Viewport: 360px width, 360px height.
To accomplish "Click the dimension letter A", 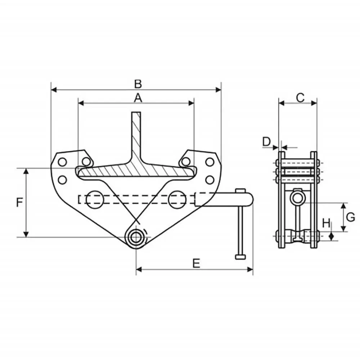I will pyautogui.click(x=138, y=97).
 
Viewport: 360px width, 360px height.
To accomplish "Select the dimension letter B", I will pyautogui.click(x=138, y=84).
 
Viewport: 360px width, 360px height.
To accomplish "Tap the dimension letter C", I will pyautogui.click(x=300, y=97).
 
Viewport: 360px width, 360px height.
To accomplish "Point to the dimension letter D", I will pyautogui.click(x=266, y=141).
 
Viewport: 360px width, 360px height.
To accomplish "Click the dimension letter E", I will pyautogui.click(x=196, y=263).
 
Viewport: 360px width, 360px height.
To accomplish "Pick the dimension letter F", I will pyautogui.click(x=20, y=203).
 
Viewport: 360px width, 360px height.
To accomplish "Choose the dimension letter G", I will pyautogui.click(x=351, y=217).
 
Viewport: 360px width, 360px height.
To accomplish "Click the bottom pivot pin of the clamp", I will pyautogui.click(x=136, y=237).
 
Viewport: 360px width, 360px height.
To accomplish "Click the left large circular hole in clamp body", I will pyautogui.click(x=94, y=199).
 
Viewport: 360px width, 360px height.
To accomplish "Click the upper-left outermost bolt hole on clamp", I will pyautogui.click(x=62, y=162).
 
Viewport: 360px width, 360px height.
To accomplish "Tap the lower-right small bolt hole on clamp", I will pyautogui.click(x=210, y=179).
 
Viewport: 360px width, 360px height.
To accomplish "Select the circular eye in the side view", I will pyautogui.click(x=297, y=197).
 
